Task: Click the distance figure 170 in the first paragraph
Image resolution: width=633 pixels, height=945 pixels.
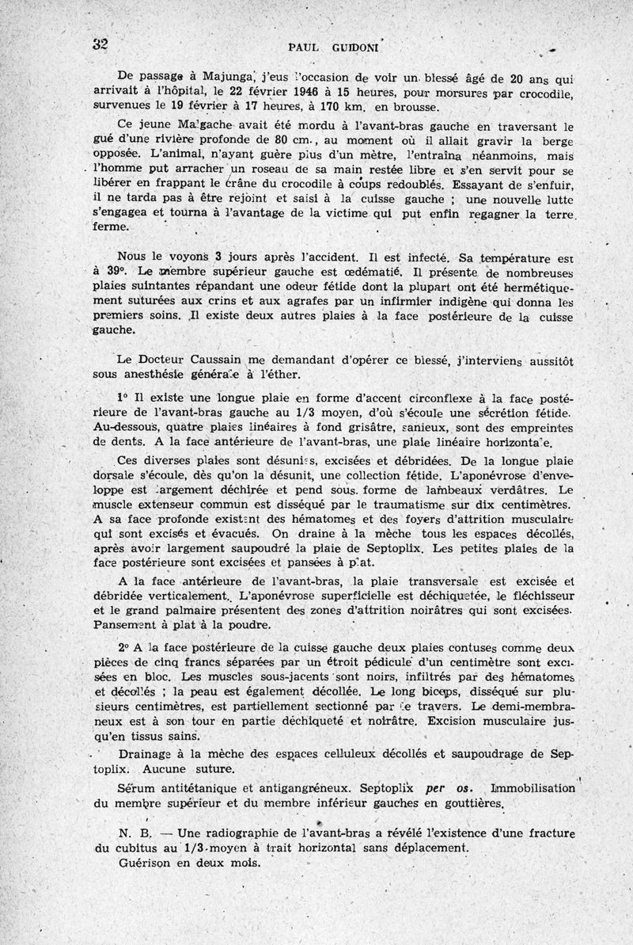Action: click(330, 106)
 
